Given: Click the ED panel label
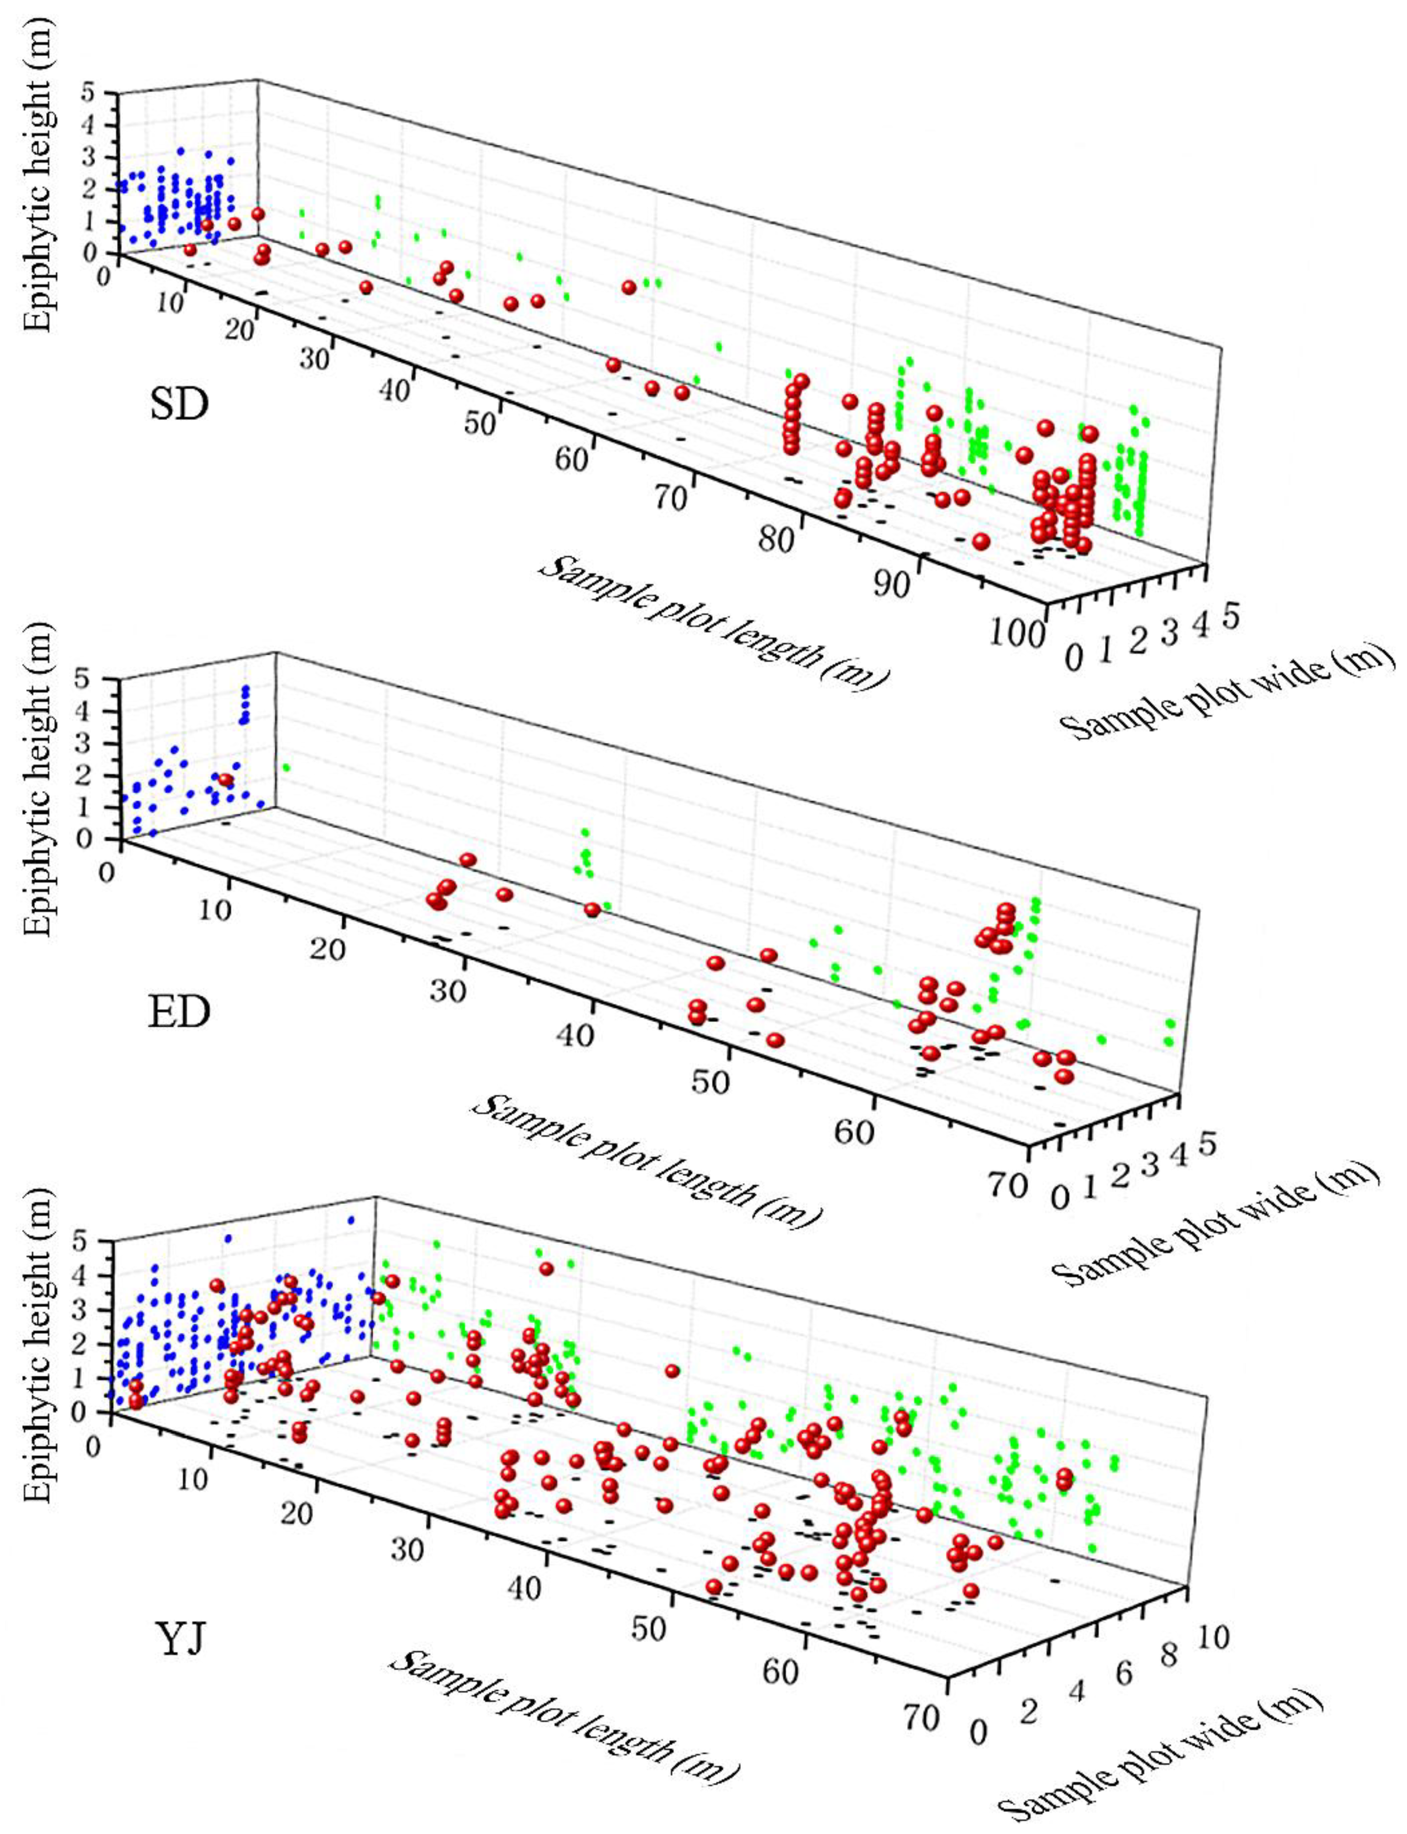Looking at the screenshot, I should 179,1013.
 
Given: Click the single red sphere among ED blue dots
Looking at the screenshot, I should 225,780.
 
